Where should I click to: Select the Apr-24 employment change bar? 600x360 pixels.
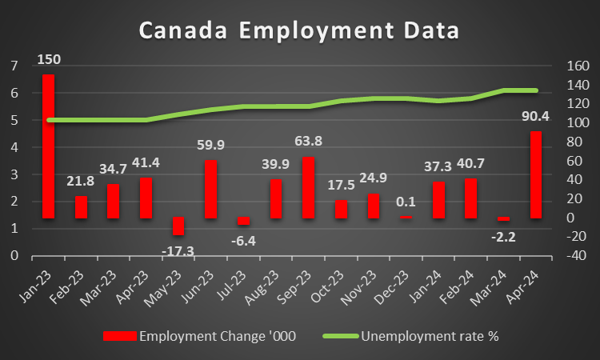click(536, 174)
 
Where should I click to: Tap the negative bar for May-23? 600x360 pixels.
click(178, 226)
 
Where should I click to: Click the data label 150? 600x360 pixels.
click(49, 59)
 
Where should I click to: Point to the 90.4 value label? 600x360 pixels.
click(535, 117)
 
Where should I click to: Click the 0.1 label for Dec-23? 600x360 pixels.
click(406, 202)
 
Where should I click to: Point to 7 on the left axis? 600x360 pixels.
click(14, 66)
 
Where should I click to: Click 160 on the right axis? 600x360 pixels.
click(578, 66)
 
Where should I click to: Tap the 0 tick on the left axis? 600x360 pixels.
click(14, 256)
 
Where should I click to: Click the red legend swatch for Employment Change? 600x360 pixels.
click(118, 336)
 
